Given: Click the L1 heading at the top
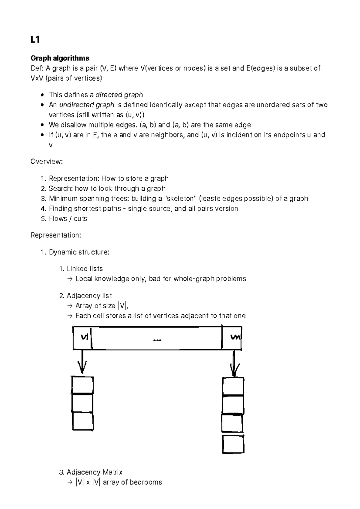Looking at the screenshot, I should pyautogui.click(x=35, y=40).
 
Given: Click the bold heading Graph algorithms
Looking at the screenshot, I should pyautogui.click(x=60, y=58).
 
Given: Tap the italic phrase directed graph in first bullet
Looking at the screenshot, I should pyautogui.click(x=119, y=95).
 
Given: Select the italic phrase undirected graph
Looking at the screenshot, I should pyautogui.click(x=87, y=105).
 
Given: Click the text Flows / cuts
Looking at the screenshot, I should pyautogui.click(x=68, y=219).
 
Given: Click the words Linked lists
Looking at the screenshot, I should pyautogui.click(x=85, y=269).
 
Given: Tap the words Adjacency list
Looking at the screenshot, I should pyautogui.click(x=89, y=296).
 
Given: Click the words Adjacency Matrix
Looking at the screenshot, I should pyautogui.click(x=94, y=472).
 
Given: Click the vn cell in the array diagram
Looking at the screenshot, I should pyautogui.click(x=234, y=338).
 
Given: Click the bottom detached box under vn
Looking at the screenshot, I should pyautogui.click(x=233, y=445).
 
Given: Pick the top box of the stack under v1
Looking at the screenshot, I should pyautogui.click(x=82, y=385).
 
